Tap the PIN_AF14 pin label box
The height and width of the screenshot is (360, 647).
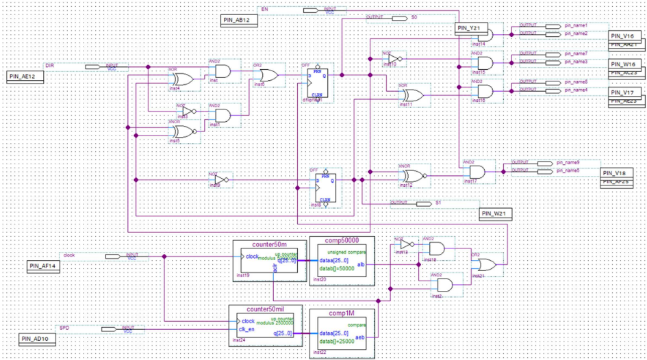point(45,266)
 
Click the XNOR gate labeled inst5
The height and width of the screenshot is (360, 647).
point(183,131)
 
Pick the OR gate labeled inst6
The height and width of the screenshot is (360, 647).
point(265,76)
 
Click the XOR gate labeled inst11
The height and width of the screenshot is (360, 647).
point(412,95)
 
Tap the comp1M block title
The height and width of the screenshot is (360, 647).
point(342,313)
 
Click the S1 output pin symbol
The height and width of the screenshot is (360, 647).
point(424,203)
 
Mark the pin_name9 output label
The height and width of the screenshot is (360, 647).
point(568,163)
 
